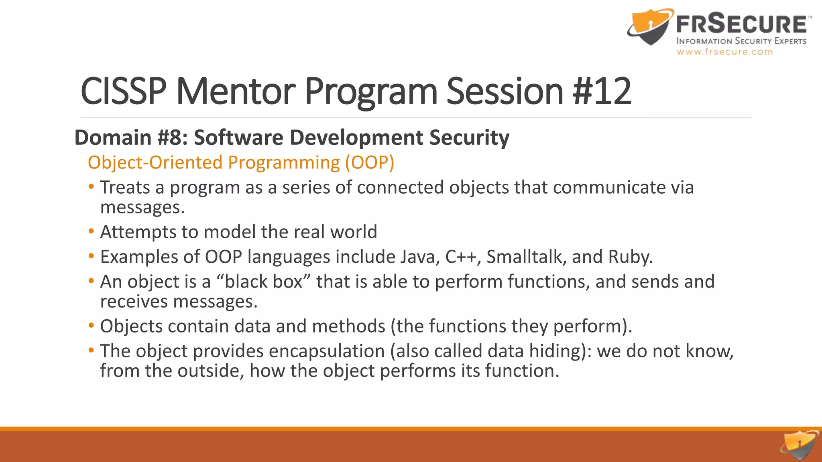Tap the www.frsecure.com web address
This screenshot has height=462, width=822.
click(x=724, y=52)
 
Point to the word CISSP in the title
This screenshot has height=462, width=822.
click(x=124, y=91)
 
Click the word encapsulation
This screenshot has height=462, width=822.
click(x=327, y=351)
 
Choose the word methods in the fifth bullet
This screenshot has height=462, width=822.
click(x=348, y=326)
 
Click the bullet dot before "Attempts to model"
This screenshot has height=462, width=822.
click(x=92, y=231)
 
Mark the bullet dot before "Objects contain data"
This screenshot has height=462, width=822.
click(x=92, y=326)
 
